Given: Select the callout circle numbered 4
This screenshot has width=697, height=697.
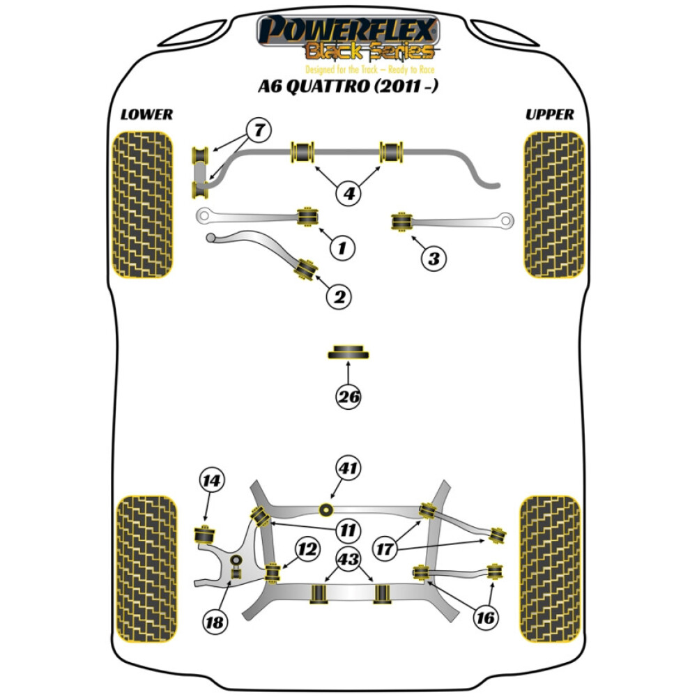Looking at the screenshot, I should pos(349,193).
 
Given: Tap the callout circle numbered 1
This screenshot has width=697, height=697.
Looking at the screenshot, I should pos(342,247).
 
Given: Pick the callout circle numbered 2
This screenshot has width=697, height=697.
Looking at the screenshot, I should pos(339,298).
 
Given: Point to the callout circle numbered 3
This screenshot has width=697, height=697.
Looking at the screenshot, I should pos(434,259).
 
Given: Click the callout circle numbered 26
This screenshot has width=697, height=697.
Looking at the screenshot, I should pos(348,398).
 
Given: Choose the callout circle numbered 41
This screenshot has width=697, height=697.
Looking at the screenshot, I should pos(349,469).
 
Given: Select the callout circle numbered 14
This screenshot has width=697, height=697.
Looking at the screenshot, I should pos(213,480).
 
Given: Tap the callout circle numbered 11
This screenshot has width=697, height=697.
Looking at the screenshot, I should pos(346,531).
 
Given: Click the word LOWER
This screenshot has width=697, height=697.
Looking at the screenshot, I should pos(146,114).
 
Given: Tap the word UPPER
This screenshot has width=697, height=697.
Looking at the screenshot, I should pos(550,114).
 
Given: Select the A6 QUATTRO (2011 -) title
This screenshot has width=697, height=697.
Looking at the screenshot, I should pos(348,87).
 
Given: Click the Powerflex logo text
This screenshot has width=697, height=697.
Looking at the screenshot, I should pos(348,31).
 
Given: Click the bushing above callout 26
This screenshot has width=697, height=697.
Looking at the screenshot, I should pos(348,352).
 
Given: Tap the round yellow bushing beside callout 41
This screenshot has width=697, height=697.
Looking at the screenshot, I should pos(325,510).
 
